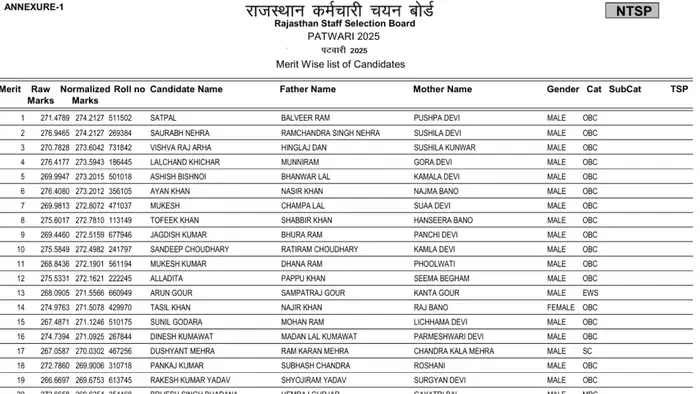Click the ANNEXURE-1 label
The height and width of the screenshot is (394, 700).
point(34,7)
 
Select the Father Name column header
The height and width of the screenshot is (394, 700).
point(308,90)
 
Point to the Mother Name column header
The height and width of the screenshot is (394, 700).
point(442,90)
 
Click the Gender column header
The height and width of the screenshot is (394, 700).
point(563,90)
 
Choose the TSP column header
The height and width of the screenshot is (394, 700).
point(679,90)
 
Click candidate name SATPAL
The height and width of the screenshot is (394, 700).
point(163,117)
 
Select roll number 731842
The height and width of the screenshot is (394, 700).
point(120,147)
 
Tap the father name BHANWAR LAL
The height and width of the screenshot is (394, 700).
point(305,176)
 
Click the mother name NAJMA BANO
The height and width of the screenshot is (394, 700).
point(437,191)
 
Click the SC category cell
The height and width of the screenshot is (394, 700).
point(587,352)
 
